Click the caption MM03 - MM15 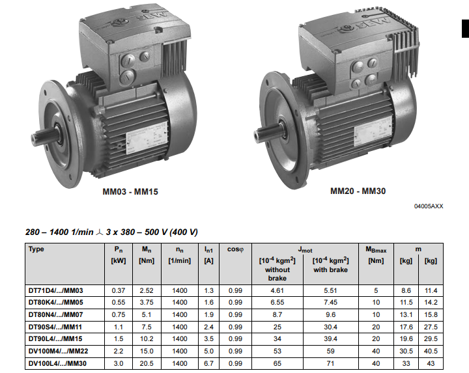pos(130,191)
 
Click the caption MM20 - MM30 pos(358,191)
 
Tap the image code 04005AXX pos(429,206)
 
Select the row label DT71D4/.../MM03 pos(55,290)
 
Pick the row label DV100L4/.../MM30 pos(57,363)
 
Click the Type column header pos(36,249)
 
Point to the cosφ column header pos(235,249)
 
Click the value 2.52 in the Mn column pos(147,290)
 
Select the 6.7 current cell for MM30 pos(208,363)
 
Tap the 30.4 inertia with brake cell pos(330,327)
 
